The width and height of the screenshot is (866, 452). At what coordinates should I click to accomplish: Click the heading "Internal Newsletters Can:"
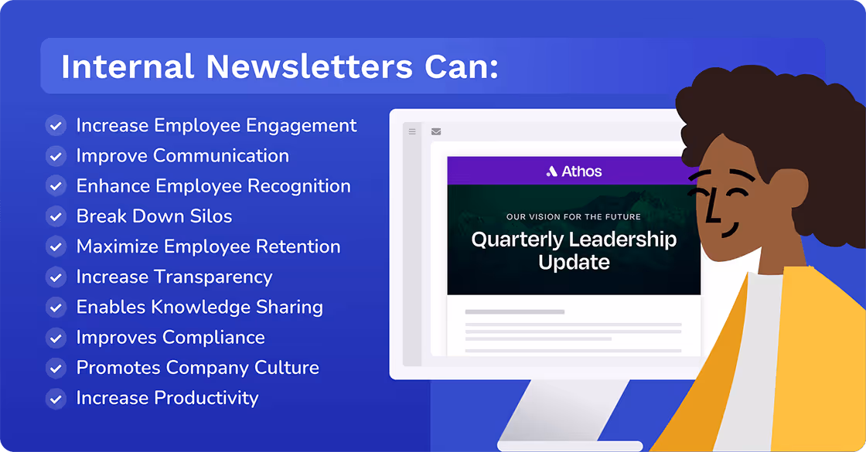pos(279,66)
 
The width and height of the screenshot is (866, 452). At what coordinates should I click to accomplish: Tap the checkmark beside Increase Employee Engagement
pos(56,126)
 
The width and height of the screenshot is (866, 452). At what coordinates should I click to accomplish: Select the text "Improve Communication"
pos(182,155)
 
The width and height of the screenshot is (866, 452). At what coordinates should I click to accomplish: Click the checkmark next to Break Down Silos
pos(56,216)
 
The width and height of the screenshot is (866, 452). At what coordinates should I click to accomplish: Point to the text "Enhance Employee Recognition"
pos(213,186)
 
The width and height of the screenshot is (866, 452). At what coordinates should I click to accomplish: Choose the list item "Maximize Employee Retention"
pos(208,246)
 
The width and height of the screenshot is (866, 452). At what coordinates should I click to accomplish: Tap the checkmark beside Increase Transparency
pos(56,277)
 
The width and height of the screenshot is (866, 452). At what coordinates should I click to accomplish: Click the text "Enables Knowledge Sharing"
pos(199,307)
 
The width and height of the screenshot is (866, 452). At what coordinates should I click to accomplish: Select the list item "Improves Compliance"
pos(170,338)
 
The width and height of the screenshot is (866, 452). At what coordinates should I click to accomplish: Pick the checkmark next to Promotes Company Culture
pos(56,368)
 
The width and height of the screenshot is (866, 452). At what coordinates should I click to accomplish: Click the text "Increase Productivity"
pos(167,398)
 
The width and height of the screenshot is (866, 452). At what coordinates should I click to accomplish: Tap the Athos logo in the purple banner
pos(574,171)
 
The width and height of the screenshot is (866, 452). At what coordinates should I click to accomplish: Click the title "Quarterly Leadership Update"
pos(574,250)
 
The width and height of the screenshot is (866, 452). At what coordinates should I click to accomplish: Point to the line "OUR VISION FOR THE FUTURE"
pos(574,217)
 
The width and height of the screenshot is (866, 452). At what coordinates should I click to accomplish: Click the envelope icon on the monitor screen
pos(436,132)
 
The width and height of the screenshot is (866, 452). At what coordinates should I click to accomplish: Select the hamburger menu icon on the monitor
pos(412,132)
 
